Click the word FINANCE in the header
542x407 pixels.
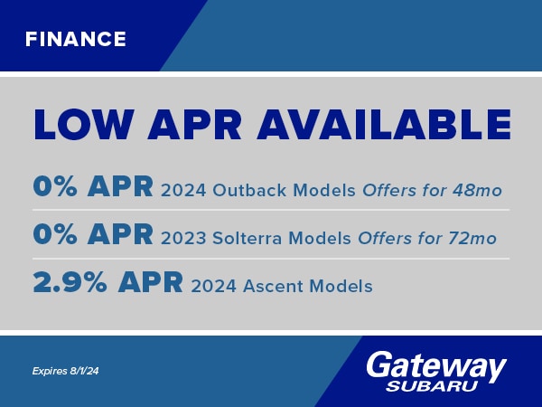pos(76,39)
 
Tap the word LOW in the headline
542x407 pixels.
pos(84,125)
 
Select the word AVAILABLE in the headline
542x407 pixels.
pos(384,125)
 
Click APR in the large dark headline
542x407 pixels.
pos(194,125)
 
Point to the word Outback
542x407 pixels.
pos(249,190)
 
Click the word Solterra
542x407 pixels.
pos(247,238)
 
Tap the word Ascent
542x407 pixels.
pos(273,286)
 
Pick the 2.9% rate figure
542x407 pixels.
pos(70,283)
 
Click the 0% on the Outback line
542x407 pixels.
pos(55,186)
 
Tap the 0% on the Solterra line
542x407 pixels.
pos(55,234)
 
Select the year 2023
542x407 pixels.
pos(183,238)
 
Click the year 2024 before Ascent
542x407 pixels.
pos(213,286)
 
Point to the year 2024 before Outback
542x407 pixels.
pos(183,190)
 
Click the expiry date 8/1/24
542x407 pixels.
pos(84,371)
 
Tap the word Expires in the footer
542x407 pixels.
pos(50,372)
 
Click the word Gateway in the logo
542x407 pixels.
pos(436,366)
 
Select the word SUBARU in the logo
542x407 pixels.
pos(432,386)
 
